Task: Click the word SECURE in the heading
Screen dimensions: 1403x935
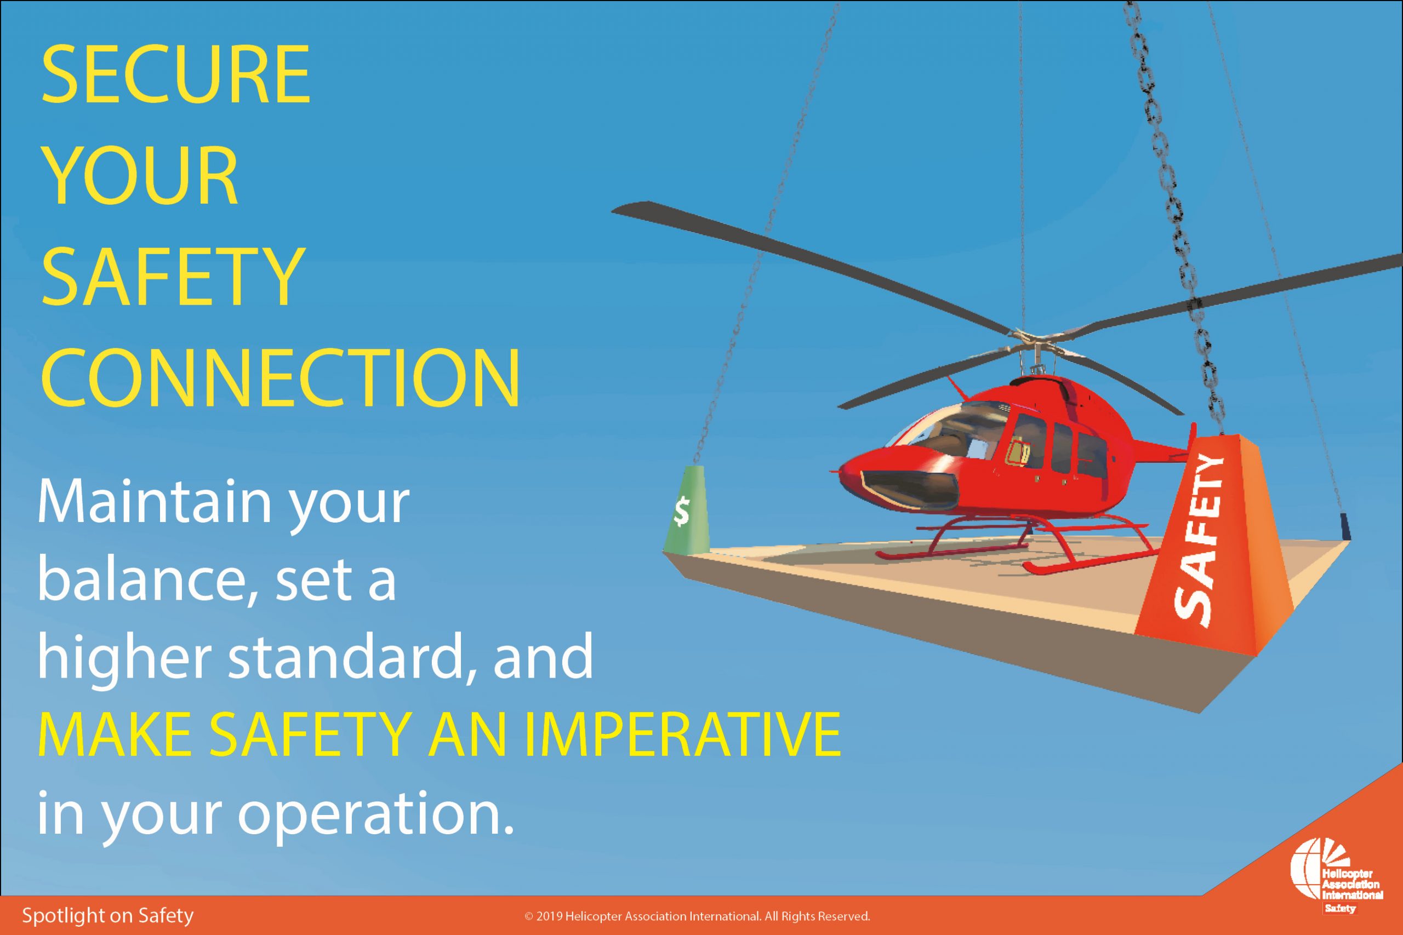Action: (176, 75)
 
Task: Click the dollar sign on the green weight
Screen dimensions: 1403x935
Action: (681, 511)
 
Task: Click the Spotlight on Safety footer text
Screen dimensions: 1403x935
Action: (108, 916)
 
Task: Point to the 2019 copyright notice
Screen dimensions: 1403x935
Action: (697, 916)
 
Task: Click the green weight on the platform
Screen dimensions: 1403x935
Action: (686, 509)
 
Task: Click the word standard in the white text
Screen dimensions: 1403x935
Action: (350, 657)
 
